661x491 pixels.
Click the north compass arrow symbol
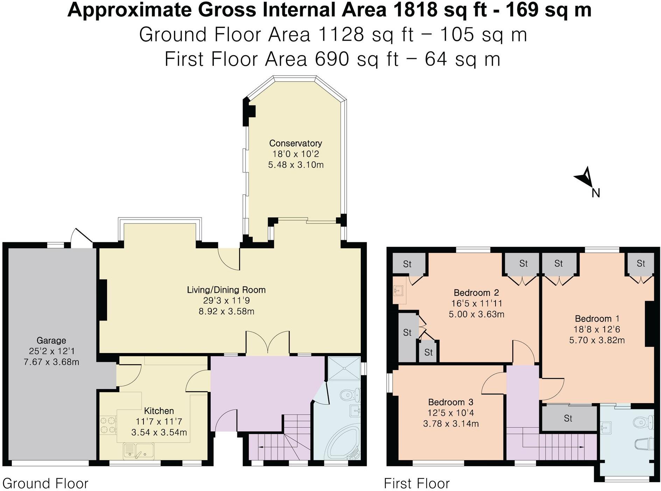pyautogui.click(x=585, y=178)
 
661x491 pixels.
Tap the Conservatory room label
pyautogui.click(x=296, y=143)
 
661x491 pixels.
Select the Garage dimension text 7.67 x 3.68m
pyautogui.click(x=51, y=362)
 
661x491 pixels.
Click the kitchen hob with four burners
pyautogui.click(x=108, y=425)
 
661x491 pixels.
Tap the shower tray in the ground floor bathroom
pyautogui.click(x=344, y=368)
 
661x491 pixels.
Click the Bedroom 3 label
pyautogui.click(x=451, y=402)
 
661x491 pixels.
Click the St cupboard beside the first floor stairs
pyautogui.click(x=568, y=419)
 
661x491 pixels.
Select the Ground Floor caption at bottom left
pyautogui.click(x=45, y=484)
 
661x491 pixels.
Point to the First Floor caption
pyautogui.click(x=416, y=484)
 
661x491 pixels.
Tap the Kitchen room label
pyautogui.click(x=159, y=411)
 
